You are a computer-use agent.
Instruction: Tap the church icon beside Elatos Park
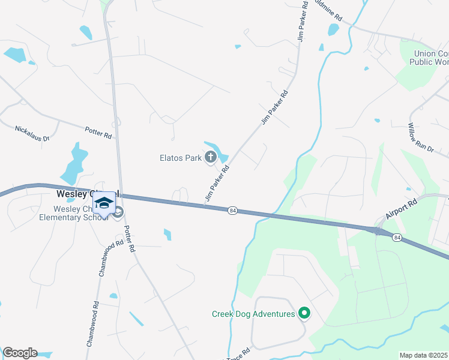[x=211, y=158]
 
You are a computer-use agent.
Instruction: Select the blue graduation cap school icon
[x=104, y=203]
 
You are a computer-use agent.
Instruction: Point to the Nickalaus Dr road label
[x=32, y=129]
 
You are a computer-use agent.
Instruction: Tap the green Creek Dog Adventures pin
[x=304, y=313]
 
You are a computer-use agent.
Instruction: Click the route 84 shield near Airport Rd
[x=397, y=238]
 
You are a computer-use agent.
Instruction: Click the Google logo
[x=20, y=353]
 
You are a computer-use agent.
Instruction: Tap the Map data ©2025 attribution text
[x=423, y=355]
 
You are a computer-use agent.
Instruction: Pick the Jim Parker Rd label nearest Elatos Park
[x=217, y=183]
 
